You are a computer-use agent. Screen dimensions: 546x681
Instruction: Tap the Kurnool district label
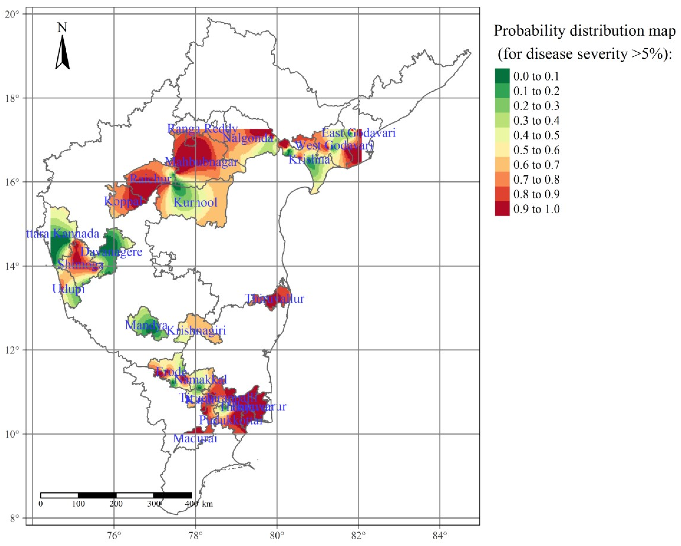pos(195,202)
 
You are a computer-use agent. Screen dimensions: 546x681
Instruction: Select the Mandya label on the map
pos(146,325)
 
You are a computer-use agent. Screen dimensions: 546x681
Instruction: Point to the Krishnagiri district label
pos(196,330)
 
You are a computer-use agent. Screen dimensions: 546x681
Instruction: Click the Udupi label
pos(68,289)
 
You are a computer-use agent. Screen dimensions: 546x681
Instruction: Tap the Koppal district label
pos(123,201)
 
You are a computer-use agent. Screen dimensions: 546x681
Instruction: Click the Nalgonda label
pos(248,138)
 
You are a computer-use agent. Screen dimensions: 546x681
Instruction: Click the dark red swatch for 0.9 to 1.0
pos(502,209)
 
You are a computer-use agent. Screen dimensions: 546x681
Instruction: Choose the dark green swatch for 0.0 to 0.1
pos(502,76)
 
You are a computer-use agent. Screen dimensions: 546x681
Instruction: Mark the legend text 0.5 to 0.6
pos(536,150)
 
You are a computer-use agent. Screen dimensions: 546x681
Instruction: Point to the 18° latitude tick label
pos(12,98)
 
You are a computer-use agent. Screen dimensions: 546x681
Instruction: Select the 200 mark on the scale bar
pos(116,504)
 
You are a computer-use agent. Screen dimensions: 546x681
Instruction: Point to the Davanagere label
pos(111,252)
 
